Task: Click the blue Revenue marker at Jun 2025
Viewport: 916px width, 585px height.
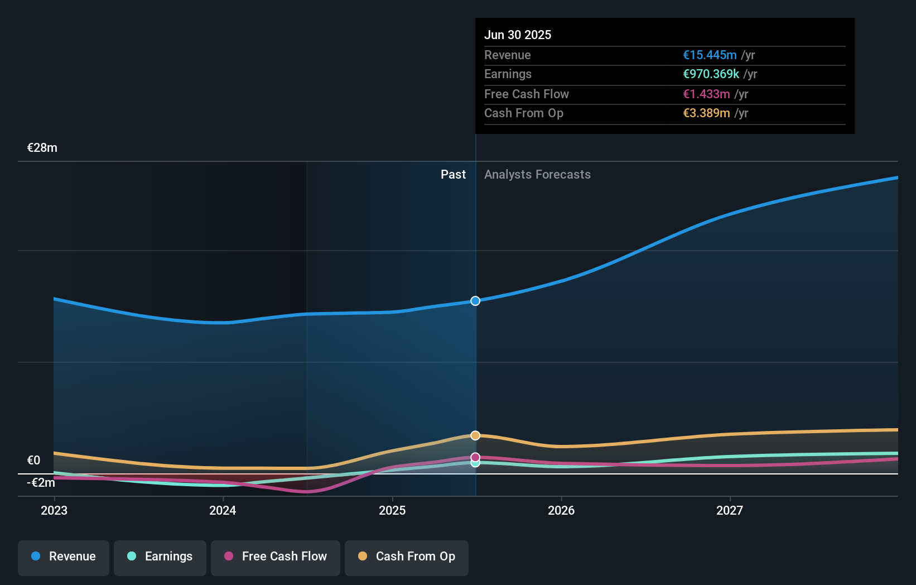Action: tap(475, 301)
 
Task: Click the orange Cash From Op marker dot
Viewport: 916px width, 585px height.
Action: tap(475, 435)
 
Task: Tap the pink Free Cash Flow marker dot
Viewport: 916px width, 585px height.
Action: tap(475, 457)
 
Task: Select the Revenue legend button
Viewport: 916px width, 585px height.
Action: tap(64, 557)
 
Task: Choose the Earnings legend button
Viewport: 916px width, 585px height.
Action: tap(160, 557)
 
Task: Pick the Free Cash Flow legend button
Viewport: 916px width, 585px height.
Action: tap(276, 557)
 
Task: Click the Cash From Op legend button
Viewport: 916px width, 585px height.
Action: tap(407, 557)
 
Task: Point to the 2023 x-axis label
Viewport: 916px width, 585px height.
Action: tap(54, 510)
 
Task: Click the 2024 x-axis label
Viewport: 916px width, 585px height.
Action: tap(223, 510)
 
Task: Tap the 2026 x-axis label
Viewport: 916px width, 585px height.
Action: tap(561, 510)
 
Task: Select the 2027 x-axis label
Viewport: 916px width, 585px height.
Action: tap(730, 510)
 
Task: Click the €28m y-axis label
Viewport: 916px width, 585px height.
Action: tap(42, 148)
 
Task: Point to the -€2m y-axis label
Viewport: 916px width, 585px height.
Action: tap(41, 483)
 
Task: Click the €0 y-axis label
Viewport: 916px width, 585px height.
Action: tap(33, 461)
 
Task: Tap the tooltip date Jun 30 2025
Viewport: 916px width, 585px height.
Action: tap(518, 35)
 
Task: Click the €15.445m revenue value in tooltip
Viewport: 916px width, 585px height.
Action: tap(710, 55)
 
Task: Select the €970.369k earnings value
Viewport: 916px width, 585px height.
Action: tap(711, 74)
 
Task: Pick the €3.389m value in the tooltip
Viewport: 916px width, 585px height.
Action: tap(706, 113)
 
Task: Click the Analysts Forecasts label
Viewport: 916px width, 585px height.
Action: tap(537, 174)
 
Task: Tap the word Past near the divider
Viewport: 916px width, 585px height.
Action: tap(453, 174)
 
